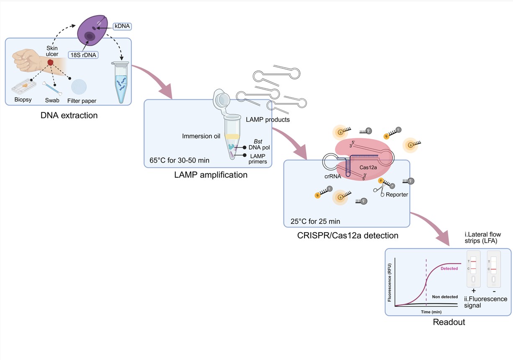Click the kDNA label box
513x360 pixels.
pos(122,26)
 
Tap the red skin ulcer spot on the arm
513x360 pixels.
pos(51,62)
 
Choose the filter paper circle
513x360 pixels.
pos(79,87)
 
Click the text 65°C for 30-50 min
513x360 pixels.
pos(179,161)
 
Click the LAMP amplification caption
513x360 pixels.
pos(211,175)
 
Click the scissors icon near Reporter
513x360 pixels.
pos(380,191)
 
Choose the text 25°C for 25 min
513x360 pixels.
pos(315,221)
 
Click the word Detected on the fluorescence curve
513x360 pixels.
pos(449,268)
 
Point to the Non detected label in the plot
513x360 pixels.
pos(445,297)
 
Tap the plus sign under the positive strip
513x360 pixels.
pos(474,290)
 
